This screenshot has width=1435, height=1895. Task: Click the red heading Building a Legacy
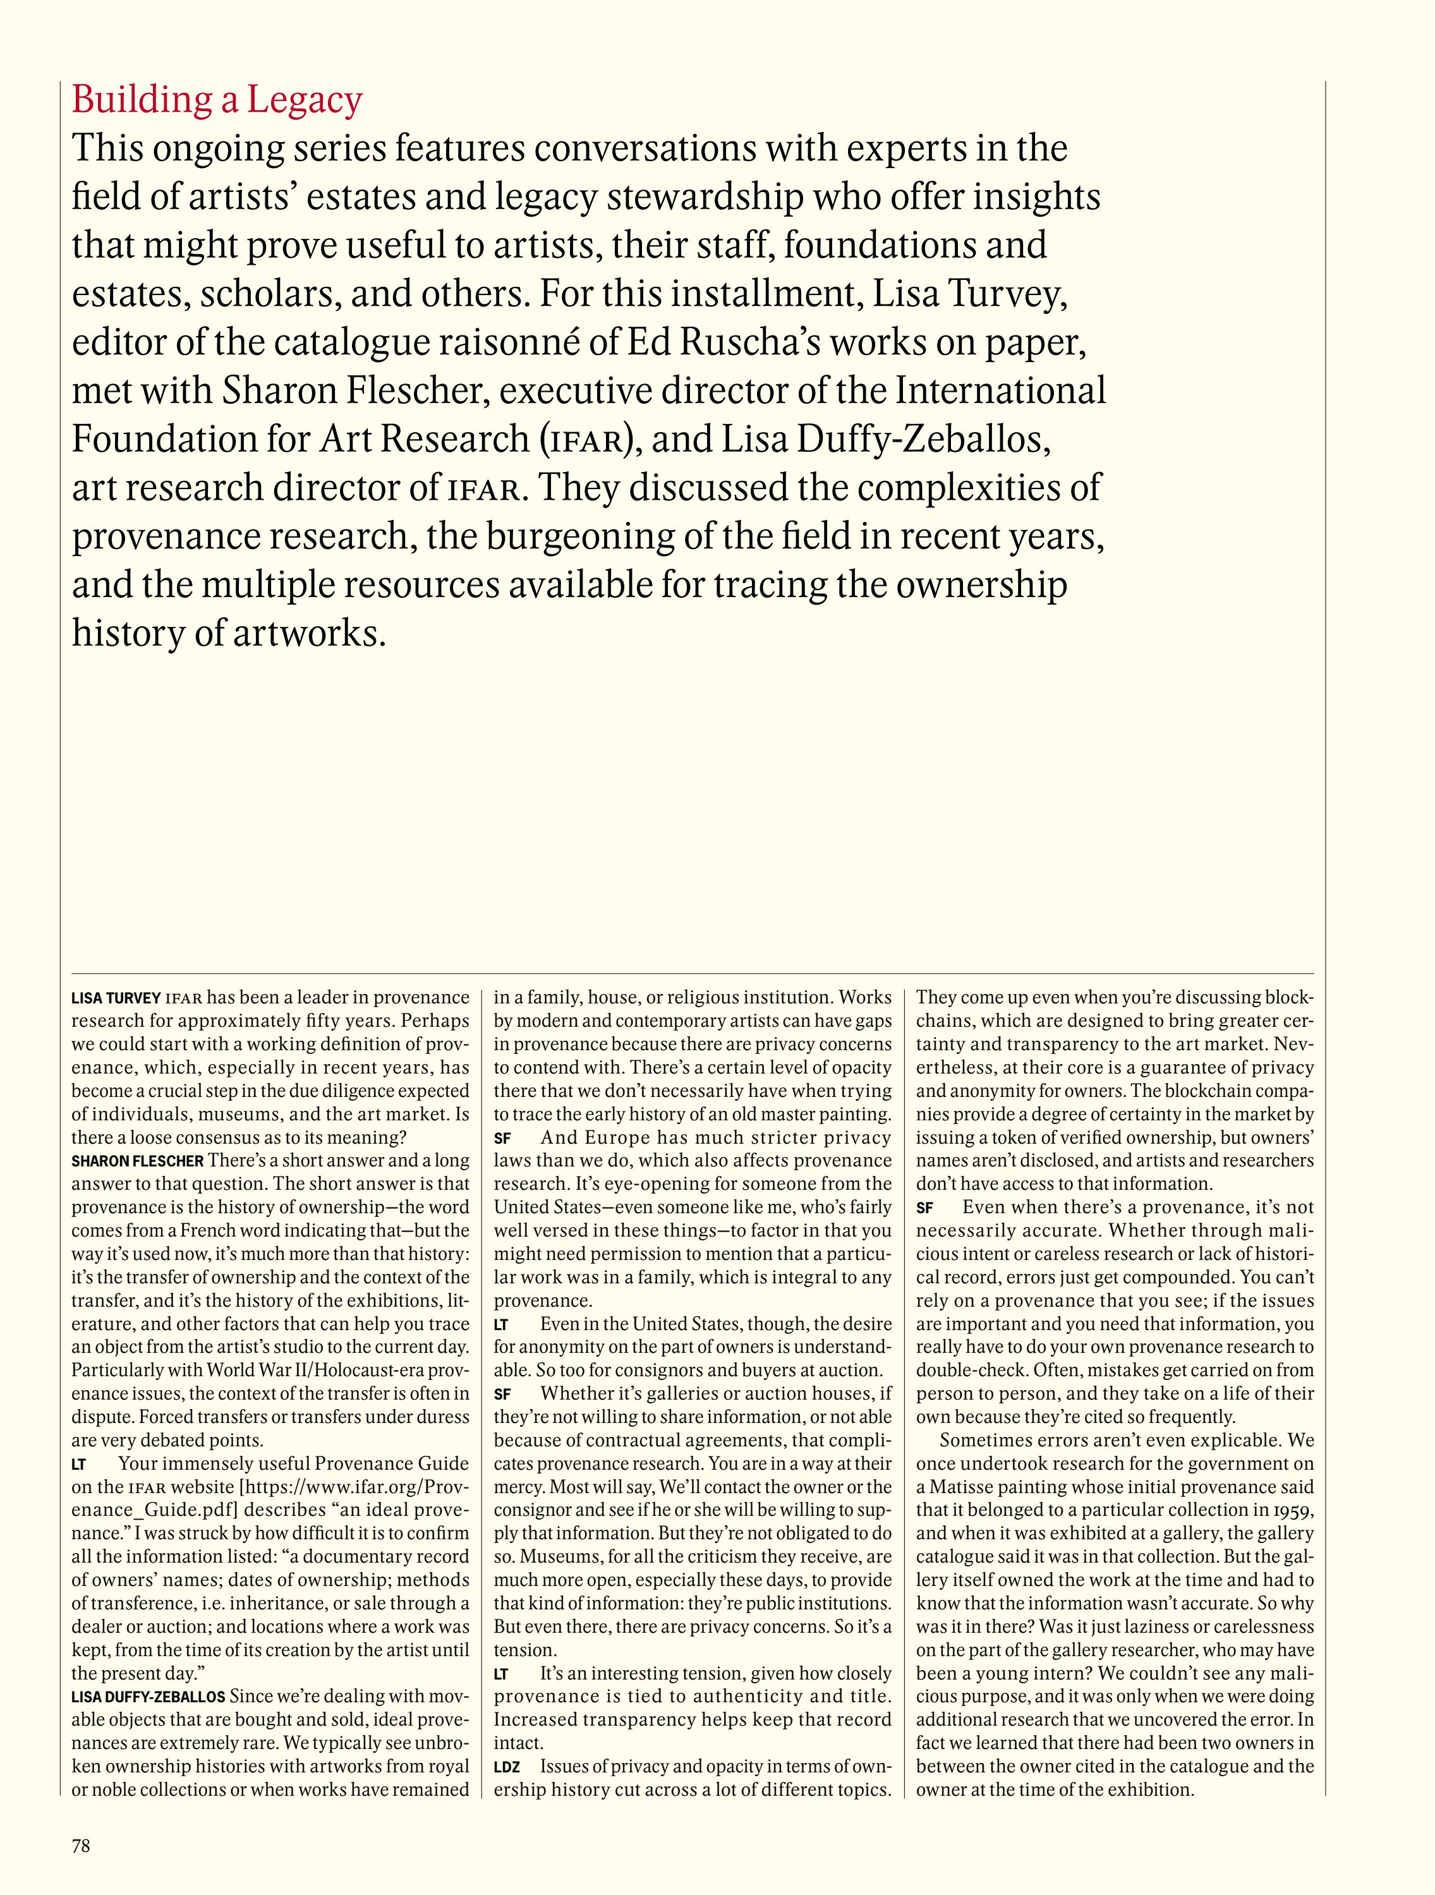(x=217, y=100)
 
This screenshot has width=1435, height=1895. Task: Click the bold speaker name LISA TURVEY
(x=116, y=998)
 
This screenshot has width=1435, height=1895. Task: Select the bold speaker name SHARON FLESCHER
(x=137, y=1161)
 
